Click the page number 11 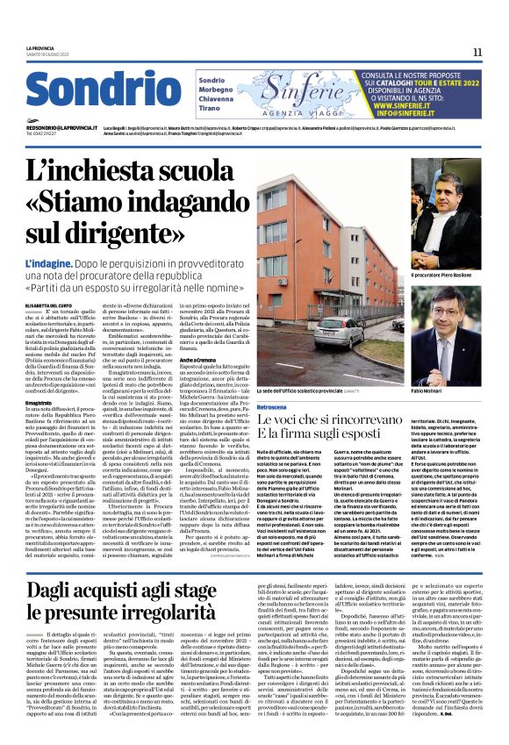pos(477,52)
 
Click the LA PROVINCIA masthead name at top pos(40,47)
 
